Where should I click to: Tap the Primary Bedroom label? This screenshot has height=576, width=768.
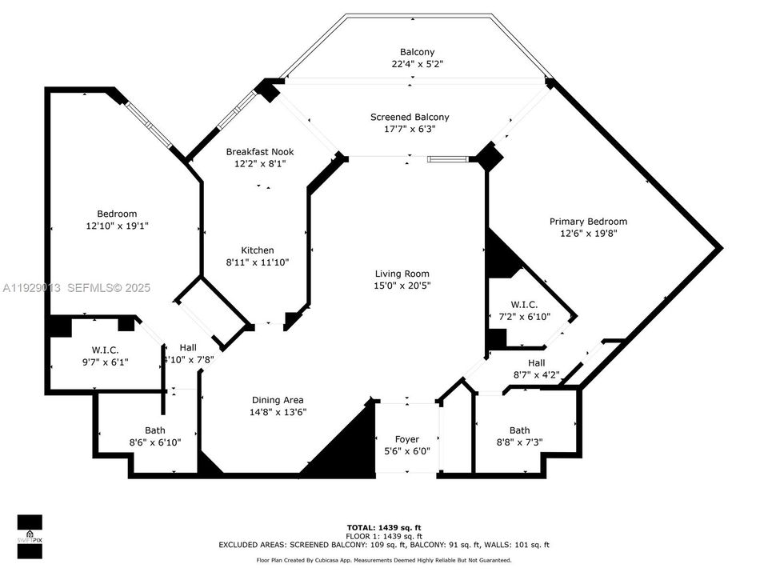[x=588, y=222]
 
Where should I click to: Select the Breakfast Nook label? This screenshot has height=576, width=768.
[x=259, y=151]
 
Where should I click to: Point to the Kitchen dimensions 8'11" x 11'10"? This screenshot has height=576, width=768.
[x=257, y=262]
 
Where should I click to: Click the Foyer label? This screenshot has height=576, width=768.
[x=407, y=439]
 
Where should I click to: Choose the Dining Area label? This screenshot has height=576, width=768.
[x=278, y=400]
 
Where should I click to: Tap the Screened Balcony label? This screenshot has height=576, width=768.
[x=409, y=117]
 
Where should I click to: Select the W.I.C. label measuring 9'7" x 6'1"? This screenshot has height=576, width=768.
[x=104, y=350]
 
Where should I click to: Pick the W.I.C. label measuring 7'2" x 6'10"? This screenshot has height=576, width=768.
[x=524, y=305]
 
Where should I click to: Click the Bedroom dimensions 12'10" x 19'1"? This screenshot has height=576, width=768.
[x=117, y=226]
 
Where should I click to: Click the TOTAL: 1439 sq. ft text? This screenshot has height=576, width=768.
[x=384, y=527]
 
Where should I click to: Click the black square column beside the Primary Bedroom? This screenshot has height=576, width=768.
[x=489, y=155]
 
